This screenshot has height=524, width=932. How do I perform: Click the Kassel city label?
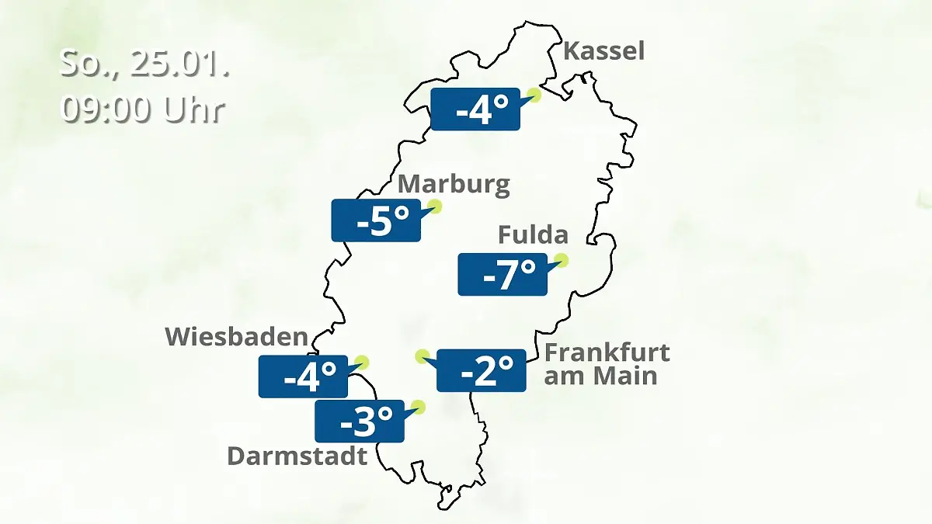(x=603, y=51)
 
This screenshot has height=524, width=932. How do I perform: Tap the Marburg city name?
(x=454, y=185)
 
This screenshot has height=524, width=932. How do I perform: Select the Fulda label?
(x=533, y=234)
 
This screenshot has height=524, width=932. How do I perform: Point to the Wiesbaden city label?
(x=236, y=337)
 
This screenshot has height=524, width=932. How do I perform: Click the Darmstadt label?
(x=297, y=456)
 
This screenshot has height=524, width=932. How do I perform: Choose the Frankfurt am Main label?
(x=606, y=364)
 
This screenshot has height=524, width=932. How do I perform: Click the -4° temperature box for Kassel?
(x=475, y=109)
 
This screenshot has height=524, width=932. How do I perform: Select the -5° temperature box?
(x=376, y=220)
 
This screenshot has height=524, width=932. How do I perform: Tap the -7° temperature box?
(x=503, y=274)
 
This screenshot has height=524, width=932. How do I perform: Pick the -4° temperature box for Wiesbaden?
(x=303, y=377)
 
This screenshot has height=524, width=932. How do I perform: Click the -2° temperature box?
(x=482, y=370)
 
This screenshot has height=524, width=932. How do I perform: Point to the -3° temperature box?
(x=359, y=422)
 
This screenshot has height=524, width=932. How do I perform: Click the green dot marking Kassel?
(x=534, y=95)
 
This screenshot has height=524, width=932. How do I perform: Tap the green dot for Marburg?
(x=435, y=206)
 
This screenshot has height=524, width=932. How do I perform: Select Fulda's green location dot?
(x=562, y=260)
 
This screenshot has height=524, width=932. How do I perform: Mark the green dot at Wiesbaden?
(x=361, y=362)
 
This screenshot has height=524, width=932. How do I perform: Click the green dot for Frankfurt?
(x=422, y=356)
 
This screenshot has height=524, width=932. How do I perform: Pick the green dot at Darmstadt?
(x=419, y=406)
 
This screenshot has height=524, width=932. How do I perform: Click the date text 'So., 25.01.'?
(x=144, y=64)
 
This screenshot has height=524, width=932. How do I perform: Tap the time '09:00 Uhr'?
(x=143, y=110)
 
